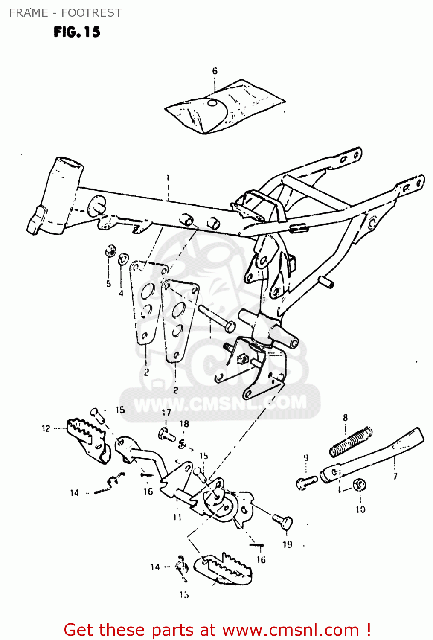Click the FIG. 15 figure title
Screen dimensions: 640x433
pyautogui.click(x=77, y=32)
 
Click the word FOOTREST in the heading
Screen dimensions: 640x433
pyautogui.click(x=91, y=13)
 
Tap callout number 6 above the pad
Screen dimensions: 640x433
pyautogui.click(x=215, y=71)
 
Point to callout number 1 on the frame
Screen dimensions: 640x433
pyautogui.click(x=168, y=177)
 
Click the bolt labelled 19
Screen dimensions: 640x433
pyautogui.click(x=283, y=521)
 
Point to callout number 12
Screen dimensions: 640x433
pyautogui.click(x=46, y=428)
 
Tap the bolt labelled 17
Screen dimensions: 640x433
pyautogui.click(x=166, y=435)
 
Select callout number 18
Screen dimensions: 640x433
pyautogui.click(x=184, y=424)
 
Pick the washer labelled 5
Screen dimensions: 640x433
pyautogui.click(x=110, y=251)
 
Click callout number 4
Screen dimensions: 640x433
pyautogui.click(x=121, y=293)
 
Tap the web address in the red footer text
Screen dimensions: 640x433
pyautogui.click(x=291, y=630)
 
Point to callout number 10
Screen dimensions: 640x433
pyautogui.click(x=360, y=509)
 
